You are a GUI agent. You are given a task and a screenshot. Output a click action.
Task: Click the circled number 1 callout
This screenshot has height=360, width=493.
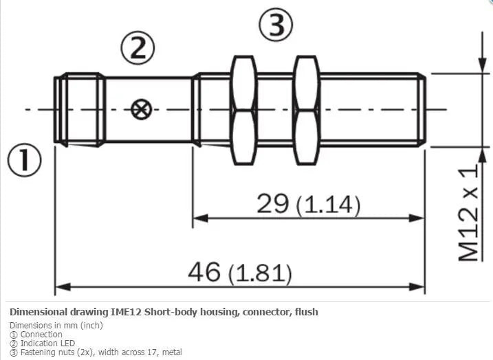[x=24, y=160]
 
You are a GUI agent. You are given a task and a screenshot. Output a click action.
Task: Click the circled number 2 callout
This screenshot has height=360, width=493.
[x=138, y=48]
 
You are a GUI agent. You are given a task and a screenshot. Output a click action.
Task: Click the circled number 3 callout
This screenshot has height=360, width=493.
[x=276, y=25]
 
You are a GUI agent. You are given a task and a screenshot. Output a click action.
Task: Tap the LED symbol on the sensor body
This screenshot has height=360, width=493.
[x=141, y=110]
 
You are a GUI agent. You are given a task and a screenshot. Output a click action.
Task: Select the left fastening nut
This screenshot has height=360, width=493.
[x=243, y=110]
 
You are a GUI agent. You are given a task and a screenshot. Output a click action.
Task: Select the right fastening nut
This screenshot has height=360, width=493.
[x=307, y=110]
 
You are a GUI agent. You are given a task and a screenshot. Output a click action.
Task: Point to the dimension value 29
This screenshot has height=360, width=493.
[x=272, y=203]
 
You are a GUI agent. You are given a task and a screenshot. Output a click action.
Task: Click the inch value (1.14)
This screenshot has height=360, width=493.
[x=328, y=205]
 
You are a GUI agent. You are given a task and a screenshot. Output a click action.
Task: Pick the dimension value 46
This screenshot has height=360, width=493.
[x=204, y=271]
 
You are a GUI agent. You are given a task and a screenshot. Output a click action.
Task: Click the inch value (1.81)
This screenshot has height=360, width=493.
[x=260, y=273]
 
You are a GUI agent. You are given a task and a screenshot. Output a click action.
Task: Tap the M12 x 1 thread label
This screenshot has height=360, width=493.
[x=468, y=213]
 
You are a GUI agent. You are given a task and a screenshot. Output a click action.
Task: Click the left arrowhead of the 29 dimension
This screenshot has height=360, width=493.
[x=200, y=218]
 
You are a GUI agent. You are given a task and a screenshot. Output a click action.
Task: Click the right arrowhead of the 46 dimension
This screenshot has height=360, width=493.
[x=417, y=286]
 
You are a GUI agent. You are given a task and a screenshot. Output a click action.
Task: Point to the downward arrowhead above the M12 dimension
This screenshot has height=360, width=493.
[x=482, y=65]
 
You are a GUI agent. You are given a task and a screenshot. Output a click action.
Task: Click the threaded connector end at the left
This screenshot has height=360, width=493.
[x=80, y=110]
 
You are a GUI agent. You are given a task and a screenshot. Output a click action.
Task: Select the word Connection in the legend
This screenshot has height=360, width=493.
[x=41, y=335]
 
